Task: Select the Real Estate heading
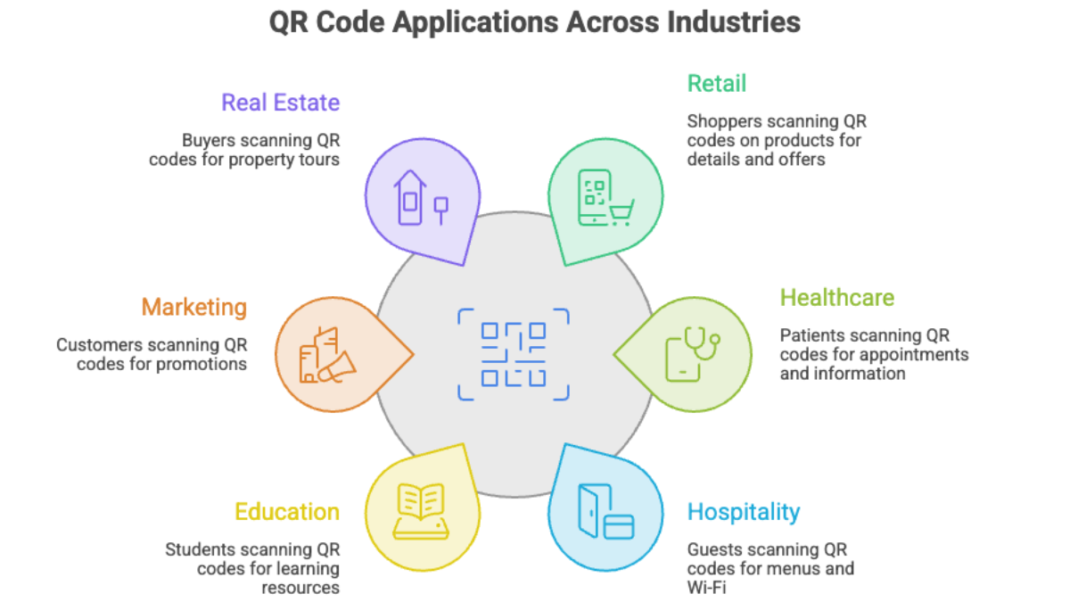[x=280, y=103]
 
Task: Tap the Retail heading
[x=717, y=84]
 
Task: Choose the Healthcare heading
[x=837, y=298]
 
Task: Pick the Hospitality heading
[x=744, y=513]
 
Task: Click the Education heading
[x=287, y=512]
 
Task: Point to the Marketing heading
[x=194, y=308]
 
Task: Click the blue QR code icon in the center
[x=514, y=355]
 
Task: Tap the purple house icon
[x=410, y=197]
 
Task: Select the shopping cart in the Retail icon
[x=621, y=212]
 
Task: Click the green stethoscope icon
[x=701, y=343]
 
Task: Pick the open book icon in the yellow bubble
[x=421, y=511]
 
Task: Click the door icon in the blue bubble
[x=595, y=511]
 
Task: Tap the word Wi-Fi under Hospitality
[x=706, y=587]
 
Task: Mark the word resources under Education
[x=300, y=588]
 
